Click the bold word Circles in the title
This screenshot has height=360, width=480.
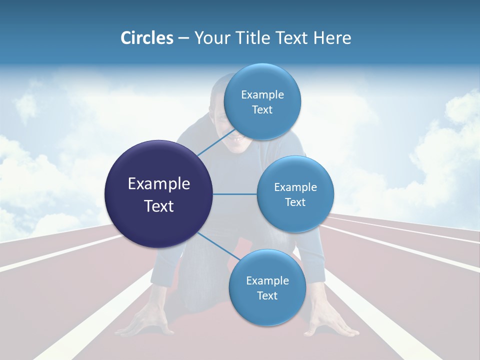coord(146,38)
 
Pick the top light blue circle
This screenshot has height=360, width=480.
coord(262,102)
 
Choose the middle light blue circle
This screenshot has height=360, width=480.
coord(295,194)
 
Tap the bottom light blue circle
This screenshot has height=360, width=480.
coord(267,288)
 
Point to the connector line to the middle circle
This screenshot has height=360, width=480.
coord(235,194)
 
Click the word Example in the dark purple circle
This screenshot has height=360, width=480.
coord(159,184)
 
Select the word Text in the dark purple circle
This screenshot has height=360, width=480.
coord(159,206)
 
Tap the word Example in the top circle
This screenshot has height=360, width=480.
coord(262,95)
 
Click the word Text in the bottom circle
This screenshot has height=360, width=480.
coord(267,296)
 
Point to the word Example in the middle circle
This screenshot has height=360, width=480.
coord(295,187)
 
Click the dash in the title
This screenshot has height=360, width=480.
coord(183,38)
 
